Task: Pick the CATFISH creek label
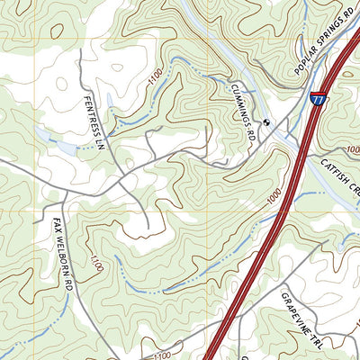(339, 178)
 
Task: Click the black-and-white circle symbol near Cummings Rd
(266, 121)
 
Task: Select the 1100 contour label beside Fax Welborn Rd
(96, 262)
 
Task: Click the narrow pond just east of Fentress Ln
(110, 102)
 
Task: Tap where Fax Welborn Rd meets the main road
(64, 191)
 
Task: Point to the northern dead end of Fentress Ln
(80, 50)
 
